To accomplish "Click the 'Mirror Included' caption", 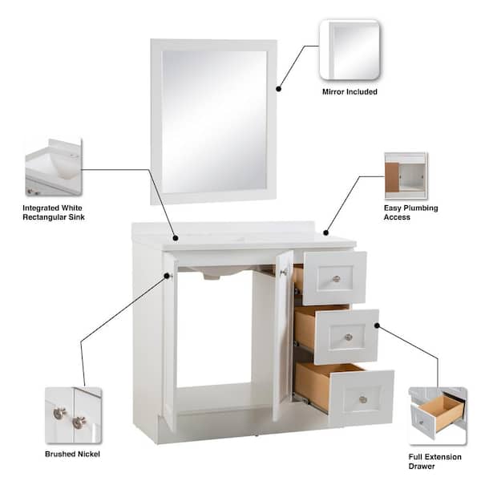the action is [x=350, y=91].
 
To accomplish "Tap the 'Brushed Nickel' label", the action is [x=72, y=454].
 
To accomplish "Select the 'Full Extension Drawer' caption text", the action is [x=435, y=462].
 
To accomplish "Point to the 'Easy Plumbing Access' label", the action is [x=410, y=212].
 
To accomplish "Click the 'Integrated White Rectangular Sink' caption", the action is [x=54, y=212].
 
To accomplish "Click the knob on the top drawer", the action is [x=337, y=279].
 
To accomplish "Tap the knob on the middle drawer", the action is [x=349, y=338].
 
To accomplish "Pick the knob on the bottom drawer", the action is [x=363, y=400].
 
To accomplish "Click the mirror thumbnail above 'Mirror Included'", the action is [x=350, y=50].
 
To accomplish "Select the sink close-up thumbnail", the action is [x=54, y=168].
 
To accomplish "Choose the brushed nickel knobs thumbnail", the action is [x=73, y=415].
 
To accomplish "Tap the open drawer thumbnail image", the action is [x=438, y=415].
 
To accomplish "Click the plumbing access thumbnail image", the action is [x=406, y=176].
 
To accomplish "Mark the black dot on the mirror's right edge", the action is [x=278, y=89].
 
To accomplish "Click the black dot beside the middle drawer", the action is [x=377, y=325].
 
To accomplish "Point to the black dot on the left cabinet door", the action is [x=167, y=276].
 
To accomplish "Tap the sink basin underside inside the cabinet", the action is [x=215, y=273].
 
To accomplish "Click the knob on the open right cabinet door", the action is [x=283, y=272].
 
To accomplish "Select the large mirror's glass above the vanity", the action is [x=214, y=122].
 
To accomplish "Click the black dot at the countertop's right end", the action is [x=325, y=232].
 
